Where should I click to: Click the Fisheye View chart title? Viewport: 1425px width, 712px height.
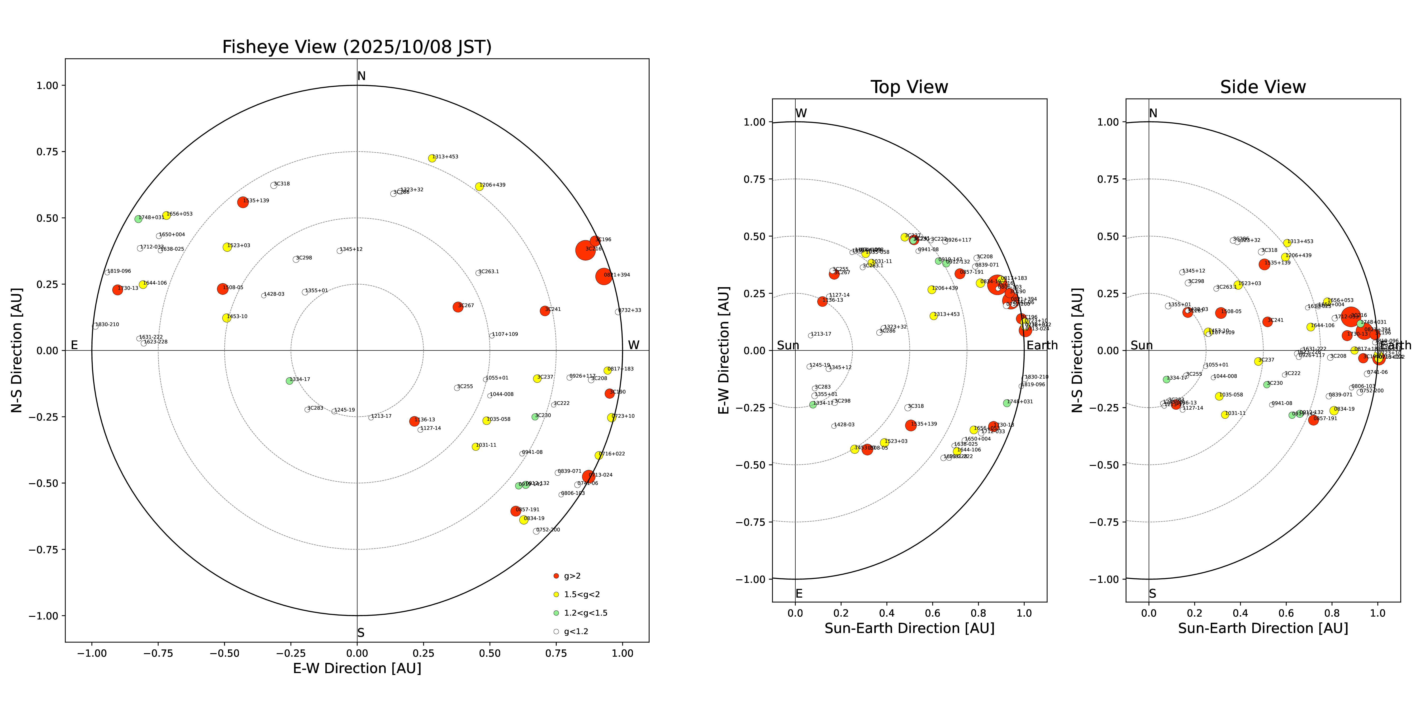pos(357,47)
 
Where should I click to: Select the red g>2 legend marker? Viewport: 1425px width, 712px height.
pos(556,576)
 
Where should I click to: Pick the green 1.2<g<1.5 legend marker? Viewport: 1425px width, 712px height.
pos(556,613)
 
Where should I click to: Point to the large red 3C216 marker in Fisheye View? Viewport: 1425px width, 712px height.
pos(585,250)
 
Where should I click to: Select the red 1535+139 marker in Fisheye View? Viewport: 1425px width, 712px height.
pos(242,202)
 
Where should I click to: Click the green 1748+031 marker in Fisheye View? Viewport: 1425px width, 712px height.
pos(138,219)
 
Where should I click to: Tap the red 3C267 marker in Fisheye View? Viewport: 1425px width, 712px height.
pos(457,307)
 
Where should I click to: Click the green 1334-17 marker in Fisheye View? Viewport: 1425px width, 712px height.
pos(289,381)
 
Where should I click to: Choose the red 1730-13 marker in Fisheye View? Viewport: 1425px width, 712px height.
pos(117,290)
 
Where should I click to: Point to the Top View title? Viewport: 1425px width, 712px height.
pos(909,87)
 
